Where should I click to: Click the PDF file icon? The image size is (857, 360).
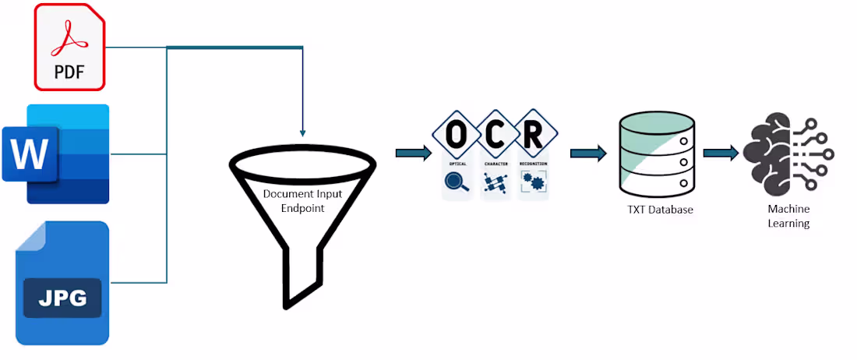69,47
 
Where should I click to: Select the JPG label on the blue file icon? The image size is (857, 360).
62,298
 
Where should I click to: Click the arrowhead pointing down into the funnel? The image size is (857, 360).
302,133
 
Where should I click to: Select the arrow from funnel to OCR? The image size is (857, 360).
413,153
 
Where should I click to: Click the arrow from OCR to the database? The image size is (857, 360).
588,153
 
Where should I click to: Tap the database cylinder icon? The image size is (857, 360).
656,154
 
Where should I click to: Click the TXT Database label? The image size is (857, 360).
660,210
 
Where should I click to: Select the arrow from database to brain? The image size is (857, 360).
721,153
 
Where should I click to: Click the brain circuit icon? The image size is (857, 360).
787,154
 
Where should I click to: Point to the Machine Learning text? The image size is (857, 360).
788,217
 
